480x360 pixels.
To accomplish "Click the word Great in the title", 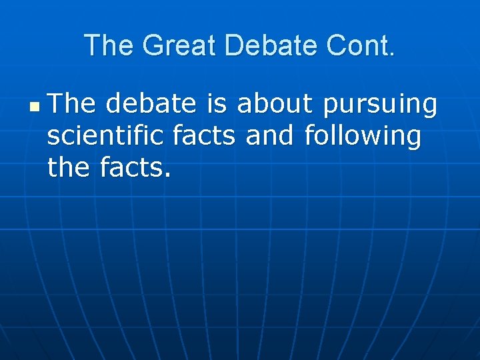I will point(180,45).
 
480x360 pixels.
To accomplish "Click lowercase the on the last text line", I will point(69,168).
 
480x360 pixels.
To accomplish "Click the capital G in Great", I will point(154,45).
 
